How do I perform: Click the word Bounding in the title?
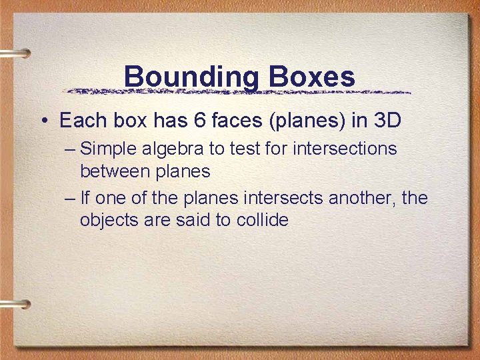[x=191, y=77]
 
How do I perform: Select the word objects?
[x=108, y=221]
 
